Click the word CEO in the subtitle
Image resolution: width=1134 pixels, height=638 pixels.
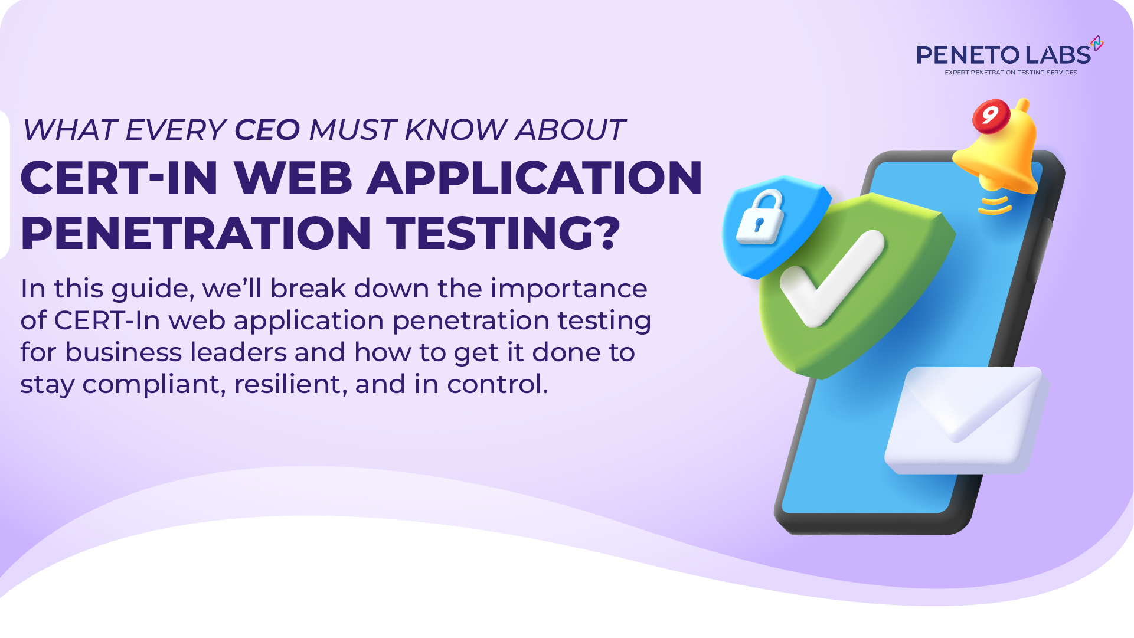coord(267,130)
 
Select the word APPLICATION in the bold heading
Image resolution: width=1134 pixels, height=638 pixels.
coord(535,178)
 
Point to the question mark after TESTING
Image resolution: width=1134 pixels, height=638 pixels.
coord(606,233)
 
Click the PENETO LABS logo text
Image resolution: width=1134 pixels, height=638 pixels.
coord(1003,55)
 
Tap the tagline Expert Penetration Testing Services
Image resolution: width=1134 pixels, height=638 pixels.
coord(1011,73)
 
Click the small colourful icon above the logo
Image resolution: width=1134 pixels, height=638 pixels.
coord(1097,43)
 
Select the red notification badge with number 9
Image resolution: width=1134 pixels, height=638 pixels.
coord(991,115)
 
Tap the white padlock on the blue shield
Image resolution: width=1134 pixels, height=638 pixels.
coord(761,218)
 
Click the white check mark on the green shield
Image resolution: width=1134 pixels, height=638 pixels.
coord(832,277)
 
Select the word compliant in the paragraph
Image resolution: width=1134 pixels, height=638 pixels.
coord(154,384)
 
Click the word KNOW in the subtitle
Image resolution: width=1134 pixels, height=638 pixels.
coord(455,130)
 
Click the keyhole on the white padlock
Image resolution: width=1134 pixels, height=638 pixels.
coord(759,224)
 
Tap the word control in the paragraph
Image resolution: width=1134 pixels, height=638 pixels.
coord(497,384)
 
